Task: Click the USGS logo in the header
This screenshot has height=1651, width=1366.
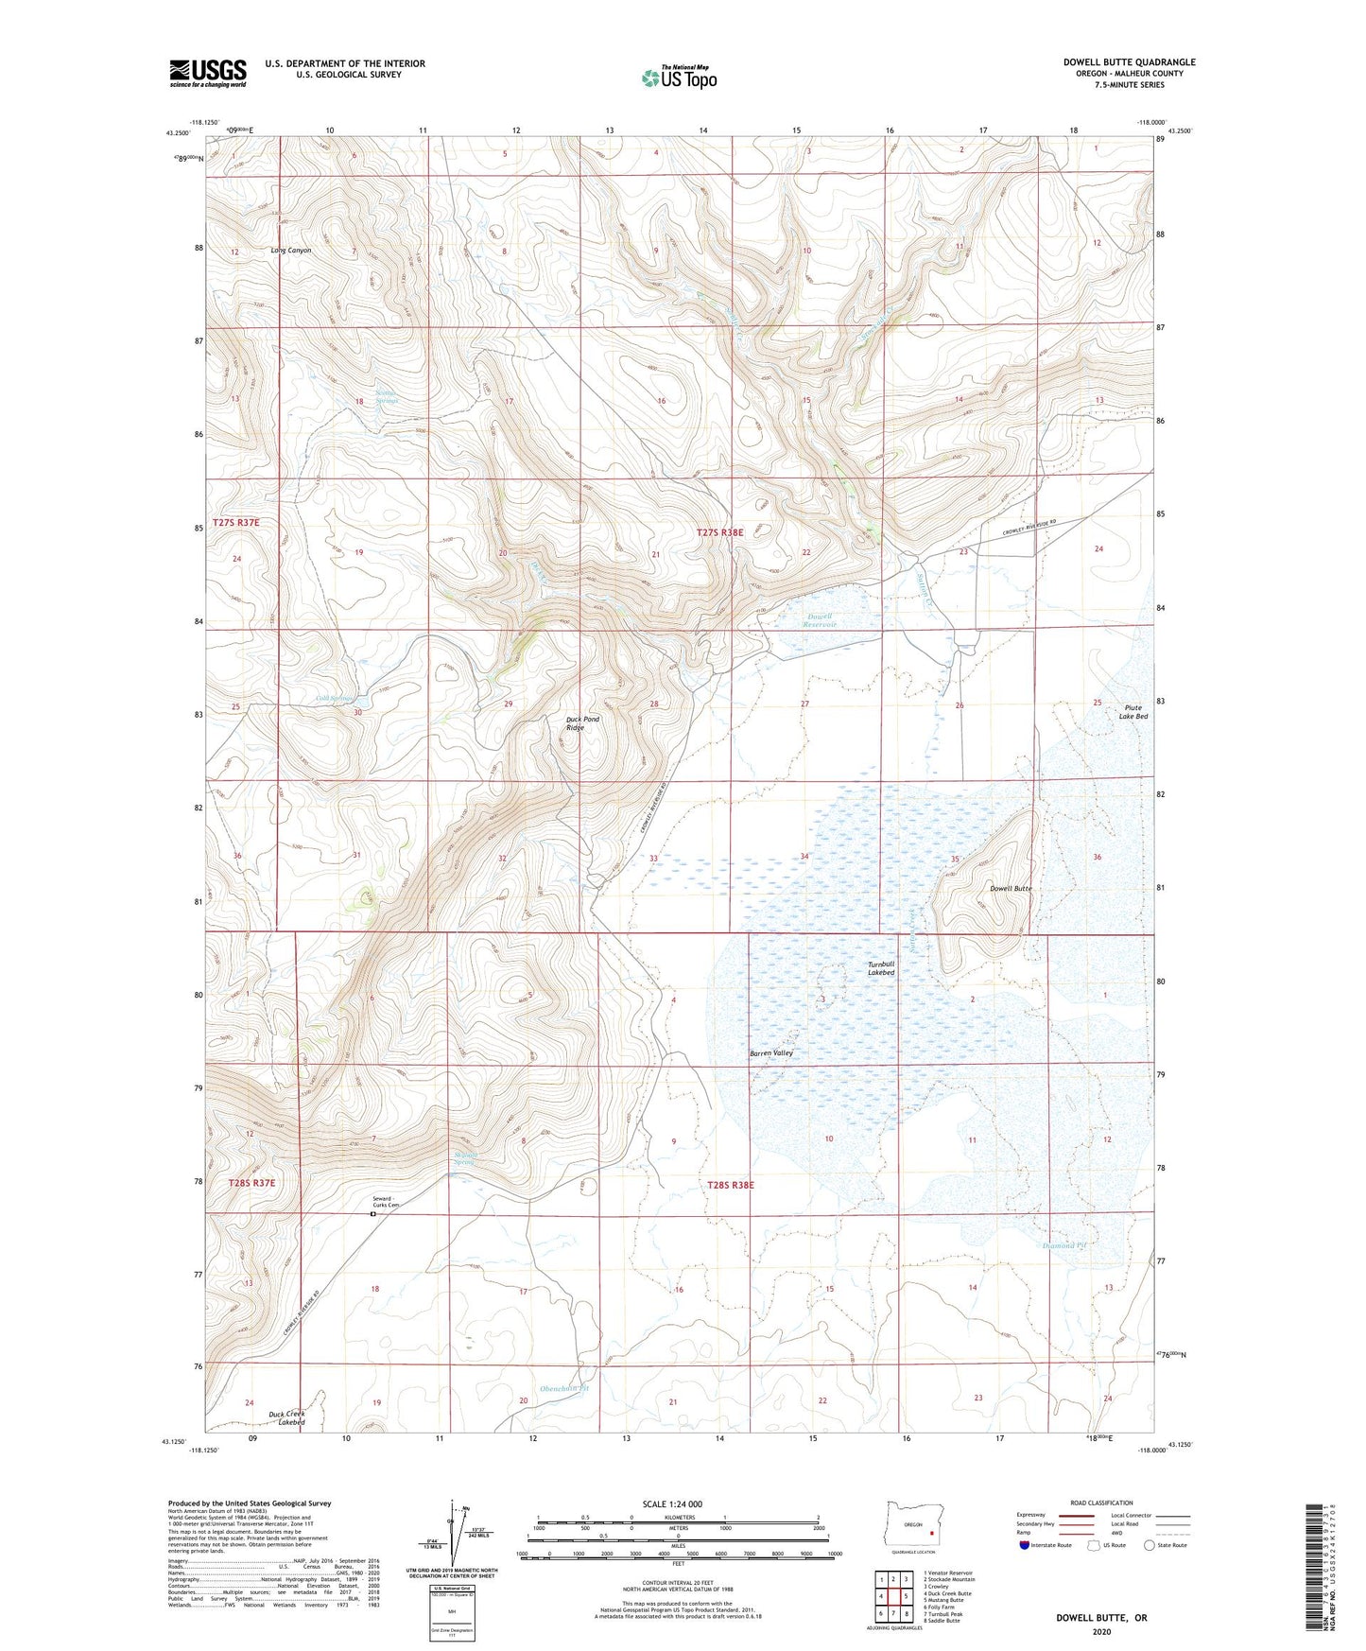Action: (x=208, y=73)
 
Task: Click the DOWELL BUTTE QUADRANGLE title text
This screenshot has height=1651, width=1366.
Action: (x=1129, y=62)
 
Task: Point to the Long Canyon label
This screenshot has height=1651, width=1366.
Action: (x=290, y=251)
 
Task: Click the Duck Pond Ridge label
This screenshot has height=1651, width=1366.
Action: (x=582, y=723)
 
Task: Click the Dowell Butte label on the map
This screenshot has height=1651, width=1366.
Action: (x=1010, y=889)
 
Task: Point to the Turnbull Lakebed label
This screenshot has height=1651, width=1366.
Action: (x=881, y=968)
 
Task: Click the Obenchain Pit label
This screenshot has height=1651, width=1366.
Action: (x=563, y=1388)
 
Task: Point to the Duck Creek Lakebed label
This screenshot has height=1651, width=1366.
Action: (x=286, y=1418)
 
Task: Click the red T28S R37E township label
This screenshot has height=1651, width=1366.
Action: (x=251, y=1182)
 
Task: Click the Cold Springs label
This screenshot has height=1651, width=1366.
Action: (x=335, y=699)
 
